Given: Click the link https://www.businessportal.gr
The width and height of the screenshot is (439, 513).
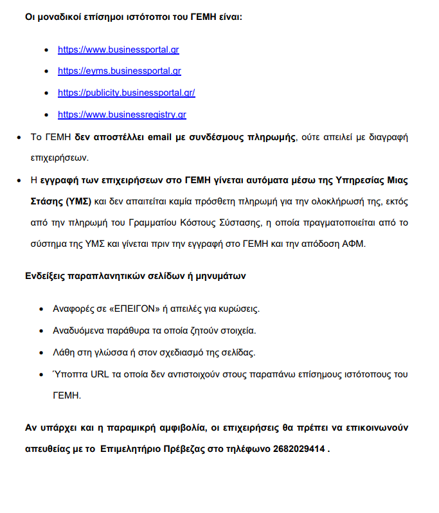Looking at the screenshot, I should pos(118,49).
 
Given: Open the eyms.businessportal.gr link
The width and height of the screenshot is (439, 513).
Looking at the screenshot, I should pos(119,71).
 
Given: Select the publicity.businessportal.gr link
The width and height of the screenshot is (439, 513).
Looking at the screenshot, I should pos(126,93).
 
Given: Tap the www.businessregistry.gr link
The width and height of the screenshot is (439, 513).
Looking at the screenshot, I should pos(121,114).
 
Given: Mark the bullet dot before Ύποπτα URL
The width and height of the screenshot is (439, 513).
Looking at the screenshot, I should pos(43,374).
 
